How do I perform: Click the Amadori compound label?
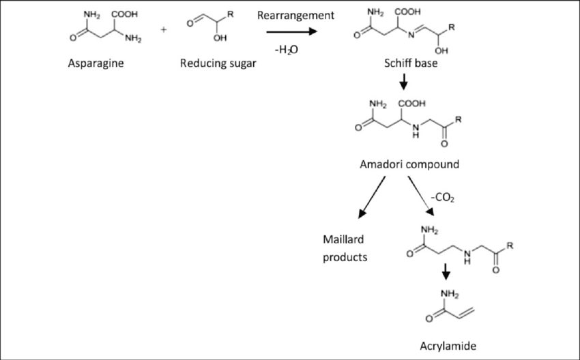pyautogui.click(x=409, y=164)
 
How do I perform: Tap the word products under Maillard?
pyautogui.click(x=345, y=257)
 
